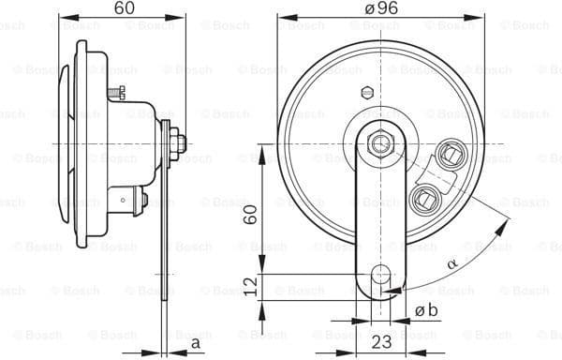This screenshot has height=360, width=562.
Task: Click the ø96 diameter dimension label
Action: click(x=378, y=7)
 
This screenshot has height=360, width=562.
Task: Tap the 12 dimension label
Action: click(x=250, y=285)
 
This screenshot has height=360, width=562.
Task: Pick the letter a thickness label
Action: click(x=195, y=343)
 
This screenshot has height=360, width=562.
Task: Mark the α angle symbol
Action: click(x=452, y=265)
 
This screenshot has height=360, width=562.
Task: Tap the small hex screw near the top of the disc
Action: click(x=366, y=94)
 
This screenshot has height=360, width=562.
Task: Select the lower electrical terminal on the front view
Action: click(x=427, y=196)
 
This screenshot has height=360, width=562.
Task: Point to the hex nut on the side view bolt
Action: click(x=178, y=142)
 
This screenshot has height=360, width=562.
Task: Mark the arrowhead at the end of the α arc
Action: click(x=507, y=223)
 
